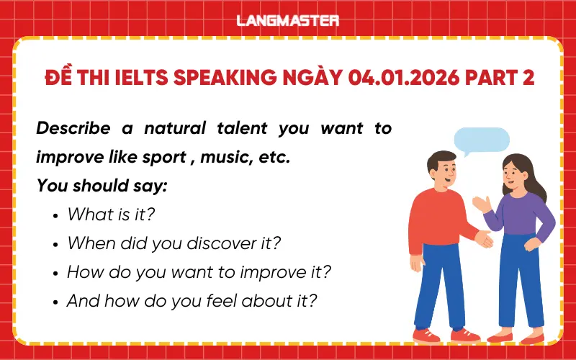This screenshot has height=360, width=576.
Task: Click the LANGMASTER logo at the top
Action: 288,20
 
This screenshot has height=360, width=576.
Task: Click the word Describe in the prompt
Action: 73,129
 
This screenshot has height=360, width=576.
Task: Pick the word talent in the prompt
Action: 243,129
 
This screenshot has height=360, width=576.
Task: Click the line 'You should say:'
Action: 102,186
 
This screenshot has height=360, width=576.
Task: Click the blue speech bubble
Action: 482,141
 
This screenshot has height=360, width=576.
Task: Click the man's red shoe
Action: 427,335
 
